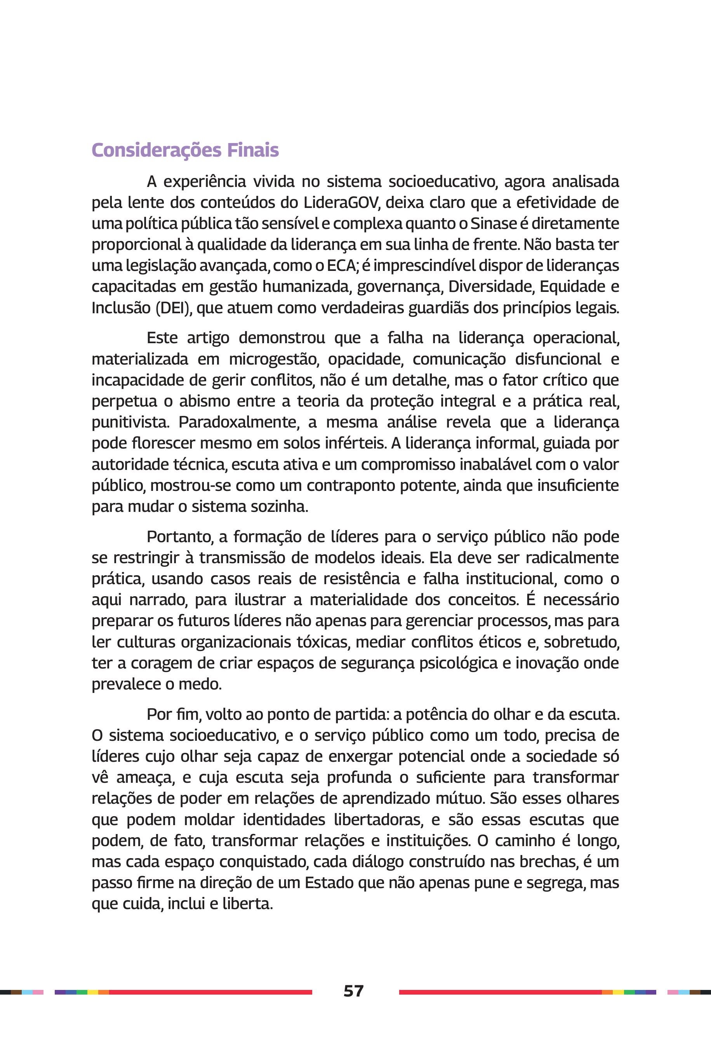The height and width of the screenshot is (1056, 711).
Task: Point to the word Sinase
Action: point(493,223)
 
